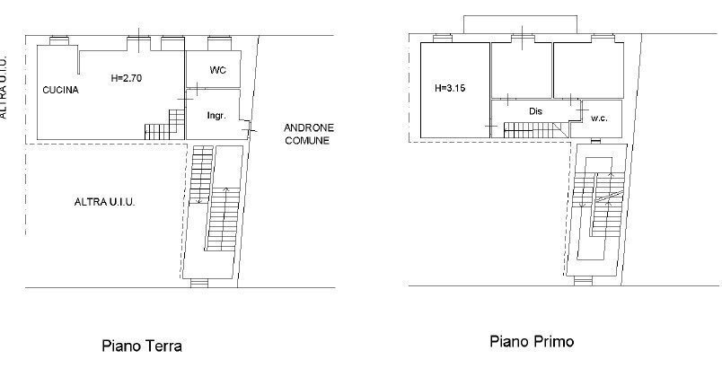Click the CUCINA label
pyautogui.click(x=61, y=90)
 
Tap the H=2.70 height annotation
pyautogui.click(x=126, y=77)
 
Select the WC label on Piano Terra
pyautogui.click(x=217, y=69)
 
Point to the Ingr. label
pyautogui.click(x=216, y=116)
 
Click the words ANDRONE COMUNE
pyautogui.click(x=307, y=134)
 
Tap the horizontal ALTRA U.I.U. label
pyautogui.click(x=104, y=202)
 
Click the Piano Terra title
pyautogui.click(x=142, y=346)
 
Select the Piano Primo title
pyautogui.click(x=531, y=341)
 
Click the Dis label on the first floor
pyautogui.click(x=536, y=110)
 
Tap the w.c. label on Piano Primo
pyautogui.click(x=599, y=118)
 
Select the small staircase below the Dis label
pyautogui.click(x=531, y=128)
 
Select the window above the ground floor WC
pyautogui.click(x=219, y=40)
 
